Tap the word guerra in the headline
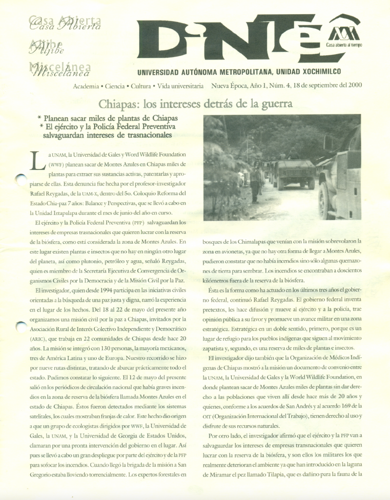(x=274, y=104)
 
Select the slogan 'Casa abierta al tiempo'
(x=344, y=45)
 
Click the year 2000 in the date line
(x=352, y=86)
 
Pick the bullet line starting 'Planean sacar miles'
(x=111, y=118)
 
